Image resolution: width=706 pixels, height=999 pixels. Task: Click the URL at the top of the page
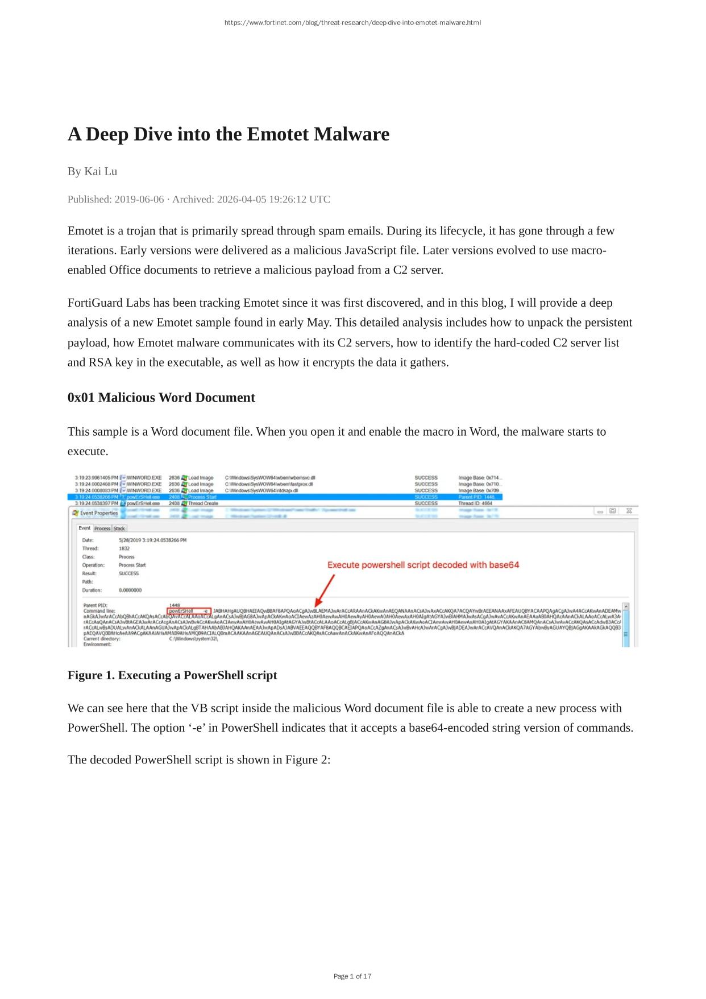coord(352,23)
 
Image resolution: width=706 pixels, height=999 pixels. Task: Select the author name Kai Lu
coord(101,171)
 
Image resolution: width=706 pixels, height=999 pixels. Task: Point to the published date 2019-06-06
coord(139,199)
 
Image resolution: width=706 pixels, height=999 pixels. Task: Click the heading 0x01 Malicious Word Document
coord(161,397)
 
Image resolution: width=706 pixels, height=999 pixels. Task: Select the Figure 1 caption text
coord(172,675)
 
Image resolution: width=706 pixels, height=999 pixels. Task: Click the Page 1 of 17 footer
coord(352,976)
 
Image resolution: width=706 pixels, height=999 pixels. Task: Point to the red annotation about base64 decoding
coord(423,565)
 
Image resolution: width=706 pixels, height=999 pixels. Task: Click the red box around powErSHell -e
coord(190,611)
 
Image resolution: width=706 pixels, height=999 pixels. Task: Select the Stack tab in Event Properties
coord(119,529)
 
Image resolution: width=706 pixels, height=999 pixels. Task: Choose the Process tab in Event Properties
coord(102,529)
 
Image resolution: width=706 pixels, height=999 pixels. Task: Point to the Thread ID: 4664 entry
coord(475,503)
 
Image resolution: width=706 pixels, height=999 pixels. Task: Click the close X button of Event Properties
coord(629,511)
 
